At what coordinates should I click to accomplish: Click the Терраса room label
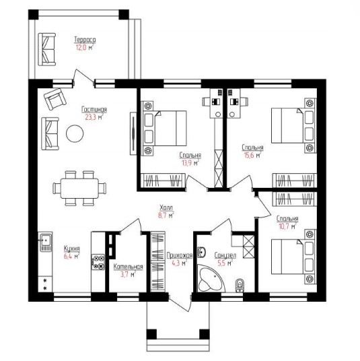point(85,40)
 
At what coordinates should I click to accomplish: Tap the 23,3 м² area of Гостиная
point(94,117)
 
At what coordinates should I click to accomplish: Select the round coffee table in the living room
point(75,133)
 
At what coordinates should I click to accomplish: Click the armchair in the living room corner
point(55,99)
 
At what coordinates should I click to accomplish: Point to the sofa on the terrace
point(47,49)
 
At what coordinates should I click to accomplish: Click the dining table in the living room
point(79,188)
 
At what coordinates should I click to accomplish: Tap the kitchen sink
point(46,242)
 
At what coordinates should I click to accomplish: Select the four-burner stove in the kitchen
point(98,262)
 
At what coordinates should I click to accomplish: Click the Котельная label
point(128,267)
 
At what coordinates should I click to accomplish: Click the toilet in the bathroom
point(240,286)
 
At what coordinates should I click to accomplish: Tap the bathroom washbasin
point(201,252)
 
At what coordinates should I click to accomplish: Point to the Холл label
point(166,207)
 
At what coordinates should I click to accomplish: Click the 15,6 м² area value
point(252,155)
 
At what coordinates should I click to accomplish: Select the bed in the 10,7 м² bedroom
point(294,257)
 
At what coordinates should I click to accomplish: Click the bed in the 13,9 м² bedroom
point(164,128)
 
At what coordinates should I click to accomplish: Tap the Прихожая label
point(180,255)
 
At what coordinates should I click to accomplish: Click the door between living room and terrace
point(83,78)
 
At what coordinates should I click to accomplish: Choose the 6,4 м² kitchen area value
point(72,257)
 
